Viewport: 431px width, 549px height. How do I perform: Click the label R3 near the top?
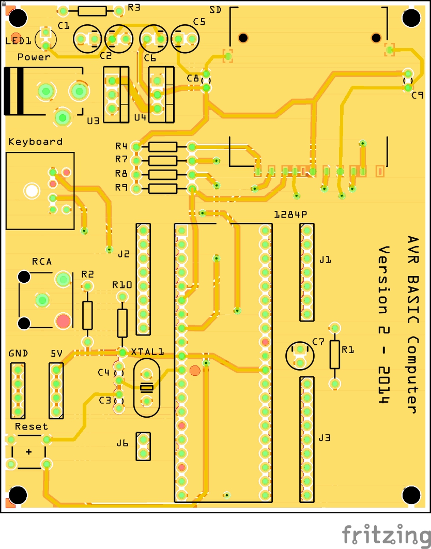pos(134,7)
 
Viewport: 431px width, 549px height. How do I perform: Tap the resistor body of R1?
pos(335,355)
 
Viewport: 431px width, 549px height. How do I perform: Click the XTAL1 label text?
pos(147,352)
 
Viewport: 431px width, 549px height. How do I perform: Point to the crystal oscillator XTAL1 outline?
pos(147,388)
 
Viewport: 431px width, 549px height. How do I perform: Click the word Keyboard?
pos(35,142)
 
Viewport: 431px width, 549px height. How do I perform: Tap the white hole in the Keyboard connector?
pos(32,191)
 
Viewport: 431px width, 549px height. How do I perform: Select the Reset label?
pos(31,426)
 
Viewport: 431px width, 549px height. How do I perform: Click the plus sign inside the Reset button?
pos(28,452)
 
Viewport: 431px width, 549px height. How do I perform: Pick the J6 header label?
pos(122,443)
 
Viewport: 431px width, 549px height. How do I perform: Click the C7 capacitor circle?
pos(300,356)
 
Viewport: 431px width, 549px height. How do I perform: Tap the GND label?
pos(18,354)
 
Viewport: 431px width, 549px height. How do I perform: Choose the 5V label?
pos(56,354)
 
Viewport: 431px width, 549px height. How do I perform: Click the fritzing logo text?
pos(385,534)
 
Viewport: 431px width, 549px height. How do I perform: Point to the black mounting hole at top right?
pos(411,18)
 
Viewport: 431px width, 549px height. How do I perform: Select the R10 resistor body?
pos(122,323)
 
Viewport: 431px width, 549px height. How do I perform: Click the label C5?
pos(199,21)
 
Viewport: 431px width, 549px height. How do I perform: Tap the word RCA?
pos(42,262)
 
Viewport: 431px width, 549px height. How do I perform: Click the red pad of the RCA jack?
pos(63,321)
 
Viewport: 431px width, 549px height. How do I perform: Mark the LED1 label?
pos(17,41)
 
